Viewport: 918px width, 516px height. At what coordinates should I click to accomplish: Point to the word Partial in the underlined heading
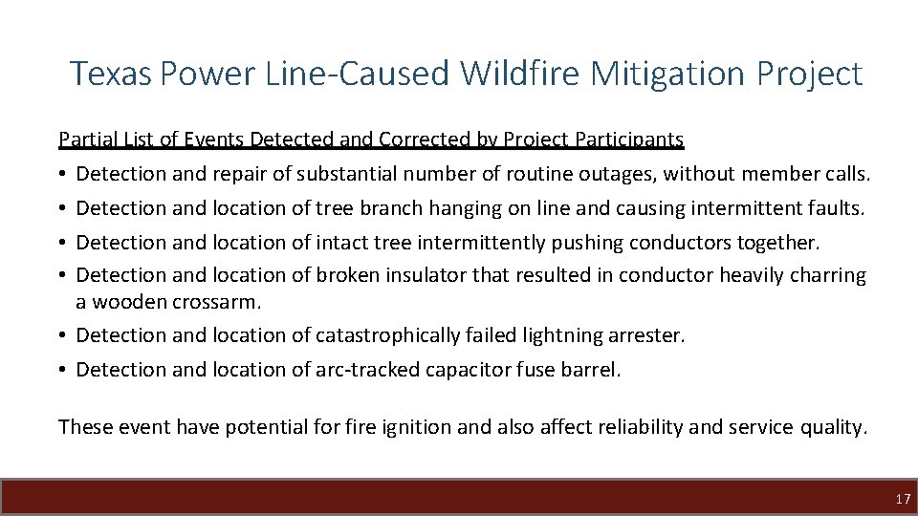pos(84,140)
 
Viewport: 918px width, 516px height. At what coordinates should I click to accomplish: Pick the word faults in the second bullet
pos(840,207)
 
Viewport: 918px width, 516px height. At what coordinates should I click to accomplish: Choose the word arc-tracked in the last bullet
pos(367,370)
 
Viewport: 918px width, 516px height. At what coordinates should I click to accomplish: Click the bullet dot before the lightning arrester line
pos(63,335)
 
